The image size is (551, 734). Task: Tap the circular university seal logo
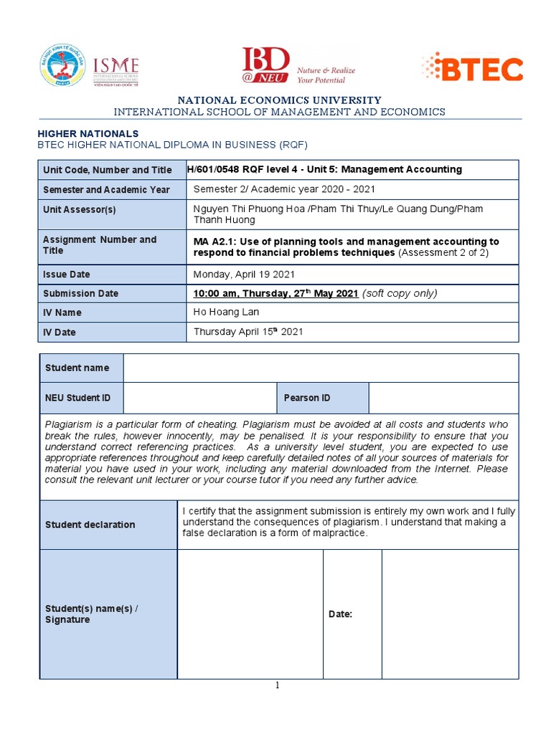[62, 66]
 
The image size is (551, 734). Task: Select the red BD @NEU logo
[266, 66]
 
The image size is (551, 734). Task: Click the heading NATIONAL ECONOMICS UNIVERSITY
[280, 100]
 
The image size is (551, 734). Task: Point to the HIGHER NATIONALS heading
[88, 133]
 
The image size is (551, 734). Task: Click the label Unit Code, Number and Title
[107, 170]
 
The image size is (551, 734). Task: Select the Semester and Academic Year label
[106, 190]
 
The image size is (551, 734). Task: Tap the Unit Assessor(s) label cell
[79, 209]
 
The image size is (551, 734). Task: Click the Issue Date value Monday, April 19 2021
[244, 275]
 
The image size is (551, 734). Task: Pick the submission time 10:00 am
[215, 293]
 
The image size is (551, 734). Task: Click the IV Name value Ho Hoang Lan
[226, 312]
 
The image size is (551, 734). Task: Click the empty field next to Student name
[321, 368]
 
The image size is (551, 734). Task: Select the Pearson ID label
[307, 398]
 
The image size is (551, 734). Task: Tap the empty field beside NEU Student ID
[199, 398]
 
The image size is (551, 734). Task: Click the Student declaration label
[90, 525]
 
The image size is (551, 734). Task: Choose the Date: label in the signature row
[340, 614]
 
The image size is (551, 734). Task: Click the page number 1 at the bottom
[278, 685]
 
